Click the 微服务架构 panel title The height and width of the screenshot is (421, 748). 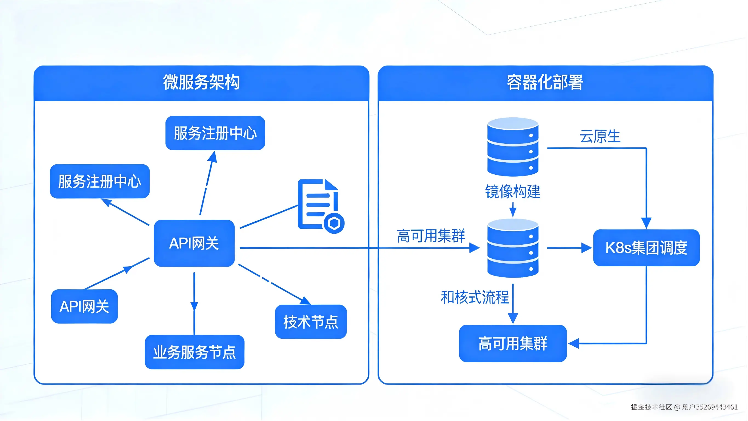(201, 82)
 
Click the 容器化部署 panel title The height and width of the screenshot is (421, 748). (545, 82)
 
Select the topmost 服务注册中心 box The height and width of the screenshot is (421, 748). (215, 133)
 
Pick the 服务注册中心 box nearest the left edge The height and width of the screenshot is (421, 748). (100, 181)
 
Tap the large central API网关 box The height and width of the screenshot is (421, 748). (194, 243)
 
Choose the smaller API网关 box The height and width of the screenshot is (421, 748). (84, 306)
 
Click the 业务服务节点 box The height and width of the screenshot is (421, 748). (195, 352)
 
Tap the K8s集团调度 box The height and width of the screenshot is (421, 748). (646, 248)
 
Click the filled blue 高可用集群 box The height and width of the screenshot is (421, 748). (513, 343)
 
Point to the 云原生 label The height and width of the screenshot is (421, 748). (600, 136)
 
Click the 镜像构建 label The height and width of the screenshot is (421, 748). (513, 192)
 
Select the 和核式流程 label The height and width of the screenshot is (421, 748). (475, 297)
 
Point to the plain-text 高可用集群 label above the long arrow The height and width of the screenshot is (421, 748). (431, 236)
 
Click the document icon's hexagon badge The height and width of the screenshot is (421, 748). (334, 223)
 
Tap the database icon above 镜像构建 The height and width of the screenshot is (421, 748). (513, 147)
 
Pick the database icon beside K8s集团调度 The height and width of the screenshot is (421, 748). (513, 248)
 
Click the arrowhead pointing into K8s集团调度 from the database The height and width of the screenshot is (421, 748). (587, 248)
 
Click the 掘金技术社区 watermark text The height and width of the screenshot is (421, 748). (651, 407)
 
